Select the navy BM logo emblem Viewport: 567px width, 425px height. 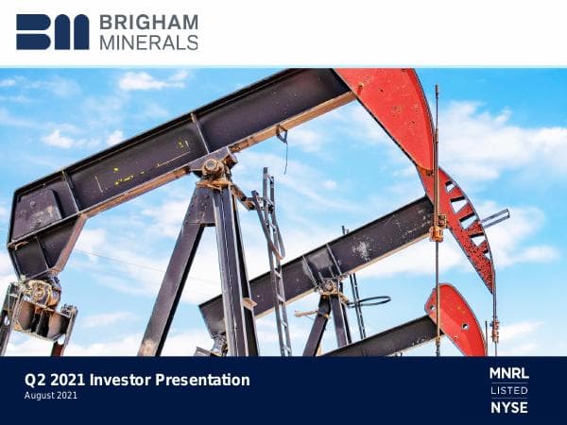pos(52,32)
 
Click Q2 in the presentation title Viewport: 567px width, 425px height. pos(35,380)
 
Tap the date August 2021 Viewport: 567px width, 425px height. pos(51,396)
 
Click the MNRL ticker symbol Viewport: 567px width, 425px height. pos(508,373)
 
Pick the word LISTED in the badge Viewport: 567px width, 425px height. pos(508,390)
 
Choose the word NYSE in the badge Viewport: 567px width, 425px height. pos(508,407)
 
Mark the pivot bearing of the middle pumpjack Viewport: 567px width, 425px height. pos(328,283)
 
